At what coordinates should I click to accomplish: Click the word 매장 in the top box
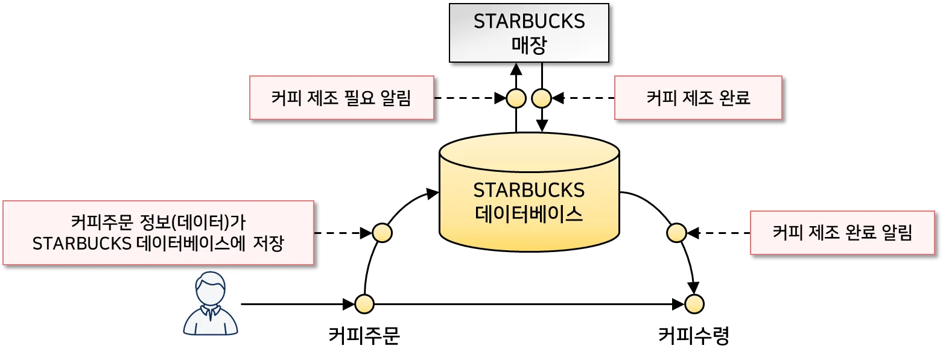529,46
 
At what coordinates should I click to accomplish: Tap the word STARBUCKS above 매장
529,22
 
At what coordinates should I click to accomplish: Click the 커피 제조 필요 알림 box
341,98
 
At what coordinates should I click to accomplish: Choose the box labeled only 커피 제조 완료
697,98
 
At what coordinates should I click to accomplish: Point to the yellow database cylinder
529,193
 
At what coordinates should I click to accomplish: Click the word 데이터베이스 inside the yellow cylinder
529,214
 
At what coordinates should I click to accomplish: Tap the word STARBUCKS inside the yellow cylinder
529,191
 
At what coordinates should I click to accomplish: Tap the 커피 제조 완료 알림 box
842,233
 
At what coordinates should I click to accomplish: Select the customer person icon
210,303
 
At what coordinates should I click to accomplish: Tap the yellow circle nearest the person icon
364,304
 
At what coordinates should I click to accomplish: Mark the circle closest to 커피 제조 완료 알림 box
676,233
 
